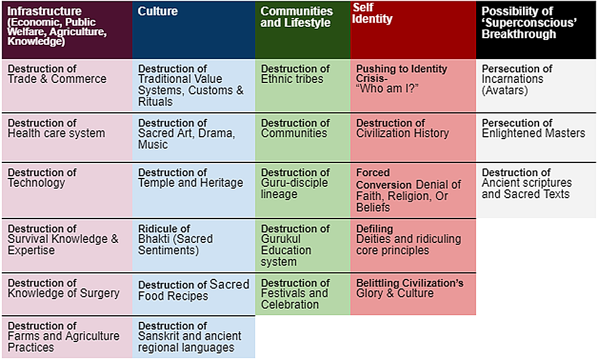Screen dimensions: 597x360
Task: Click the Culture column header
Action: (x=193, y=30)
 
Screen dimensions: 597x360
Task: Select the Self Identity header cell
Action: (x=413, y=30)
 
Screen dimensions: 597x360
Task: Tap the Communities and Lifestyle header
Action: (x=303, y=30)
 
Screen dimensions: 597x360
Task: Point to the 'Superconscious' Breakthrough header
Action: (x=536, y=30)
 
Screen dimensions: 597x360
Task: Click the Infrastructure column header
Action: (x=67, y=30)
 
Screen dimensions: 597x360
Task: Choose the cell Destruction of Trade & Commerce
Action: (x=67, y=85)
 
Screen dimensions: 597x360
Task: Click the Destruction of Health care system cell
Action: (x=67, y=137)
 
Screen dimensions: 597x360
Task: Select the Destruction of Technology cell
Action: (x=67, y=190)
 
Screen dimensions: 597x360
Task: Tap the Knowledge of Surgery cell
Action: (x=67, y=294)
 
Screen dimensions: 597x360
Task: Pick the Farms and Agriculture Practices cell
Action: (x=67, y=337)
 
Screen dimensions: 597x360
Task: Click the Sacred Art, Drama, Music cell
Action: (x=193, y=137)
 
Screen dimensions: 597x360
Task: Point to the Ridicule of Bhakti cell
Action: (x=193, y=245)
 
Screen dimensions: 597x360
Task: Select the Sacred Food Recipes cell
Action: (x=193, y=294)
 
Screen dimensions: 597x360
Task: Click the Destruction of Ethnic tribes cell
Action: (x=303, y=85)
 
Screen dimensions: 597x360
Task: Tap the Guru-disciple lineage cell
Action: (x=303, y=190)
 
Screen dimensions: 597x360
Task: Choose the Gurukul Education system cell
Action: (x=303, y=245)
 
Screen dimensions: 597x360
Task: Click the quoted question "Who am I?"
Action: (x=387, y=89)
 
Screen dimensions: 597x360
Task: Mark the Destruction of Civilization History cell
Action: (x=413, y=137)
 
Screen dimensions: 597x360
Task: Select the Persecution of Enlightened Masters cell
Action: (x=536, y=137)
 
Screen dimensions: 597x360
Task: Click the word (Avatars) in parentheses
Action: (x=504, y=91)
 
